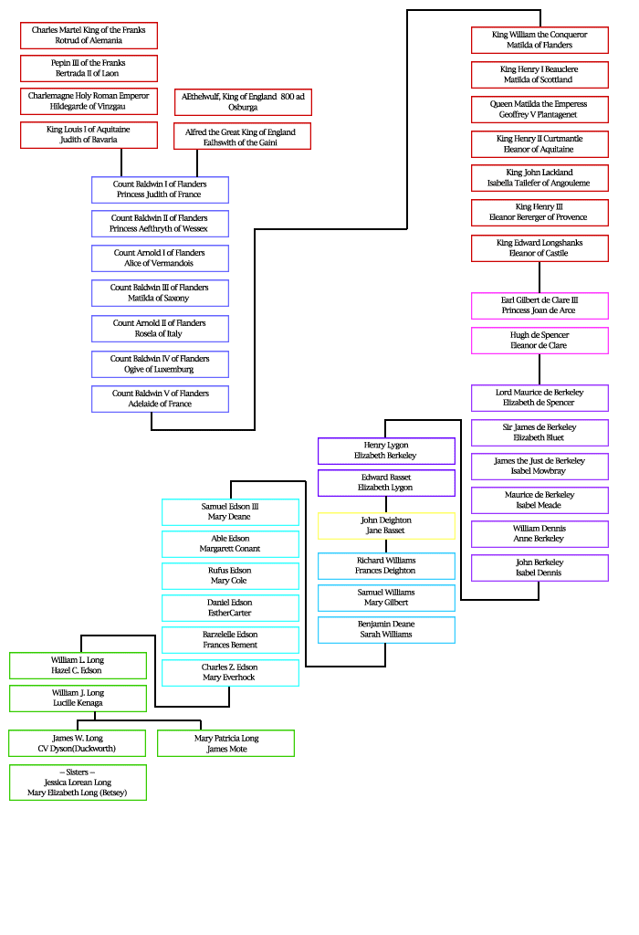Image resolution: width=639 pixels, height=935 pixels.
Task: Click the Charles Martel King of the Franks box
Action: pyautogui.click(x=89, y=36)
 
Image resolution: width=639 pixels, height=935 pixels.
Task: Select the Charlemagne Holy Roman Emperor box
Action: pyautogui.click(x=89, y=101)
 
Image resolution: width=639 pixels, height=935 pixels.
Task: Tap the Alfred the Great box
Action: pyautogui.click(x=242, y=137)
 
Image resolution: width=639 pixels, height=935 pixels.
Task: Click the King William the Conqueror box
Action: pyautogui.click(x=539, y=40)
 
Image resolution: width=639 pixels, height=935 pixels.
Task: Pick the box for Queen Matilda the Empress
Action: pyautogui.click(x=539, y=110)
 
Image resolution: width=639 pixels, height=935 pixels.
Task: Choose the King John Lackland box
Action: pyautogui.click(x=539, y=177)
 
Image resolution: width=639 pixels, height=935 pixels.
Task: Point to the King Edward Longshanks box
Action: pyautogui.click(x=539, y=248)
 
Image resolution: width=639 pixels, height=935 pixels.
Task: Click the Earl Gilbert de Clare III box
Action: pyautogui.click(x=539, y=305)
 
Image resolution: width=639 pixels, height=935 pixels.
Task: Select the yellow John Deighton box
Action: pyautogui.click(x=386, y=526)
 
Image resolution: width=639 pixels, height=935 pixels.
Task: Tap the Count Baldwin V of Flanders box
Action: pyautogui.click(x=160, y=399)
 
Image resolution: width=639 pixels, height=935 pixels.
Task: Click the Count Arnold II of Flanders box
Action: pyautogui.click(x=160, y=329)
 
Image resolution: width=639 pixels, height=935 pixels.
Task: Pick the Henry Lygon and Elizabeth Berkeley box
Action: pyautogui.click(x=386, y=450)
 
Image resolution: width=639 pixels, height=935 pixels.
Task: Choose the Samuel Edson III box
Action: pyautogui.click(x=230, y=511)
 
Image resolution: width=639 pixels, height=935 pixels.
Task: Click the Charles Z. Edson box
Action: pyautogui.click(x=230, y=673)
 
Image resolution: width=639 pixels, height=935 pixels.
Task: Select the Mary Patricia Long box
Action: pyautogui.click(x=225, y=743)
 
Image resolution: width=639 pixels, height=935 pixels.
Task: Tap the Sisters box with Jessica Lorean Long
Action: pyautogui.click(x=78, y=783)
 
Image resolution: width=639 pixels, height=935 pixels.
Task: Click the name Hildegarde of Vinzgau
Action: pyautogui.click(x=89, y=107)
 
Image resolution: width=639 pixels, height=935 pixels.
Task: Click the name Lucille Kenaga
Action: pyautogui.click(x=78, y=703)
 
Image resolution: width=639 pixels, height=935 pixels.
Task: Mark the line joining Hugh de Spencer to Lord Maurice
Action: pyautogui.click(x=539, y=369)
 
